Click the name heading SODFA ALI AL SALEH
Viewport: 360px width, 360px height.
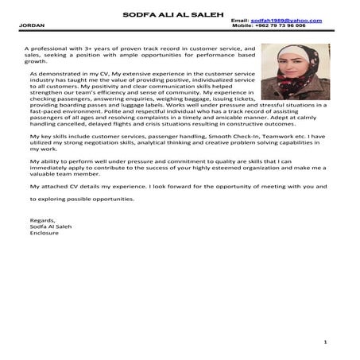point(180,13)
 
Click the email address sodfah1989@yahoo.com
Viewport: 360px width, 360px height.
point(286,19)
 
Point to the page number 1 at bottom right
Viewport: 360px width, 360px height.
point(326,343)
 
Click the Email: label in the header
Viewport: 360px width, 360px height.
point(240,19)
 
